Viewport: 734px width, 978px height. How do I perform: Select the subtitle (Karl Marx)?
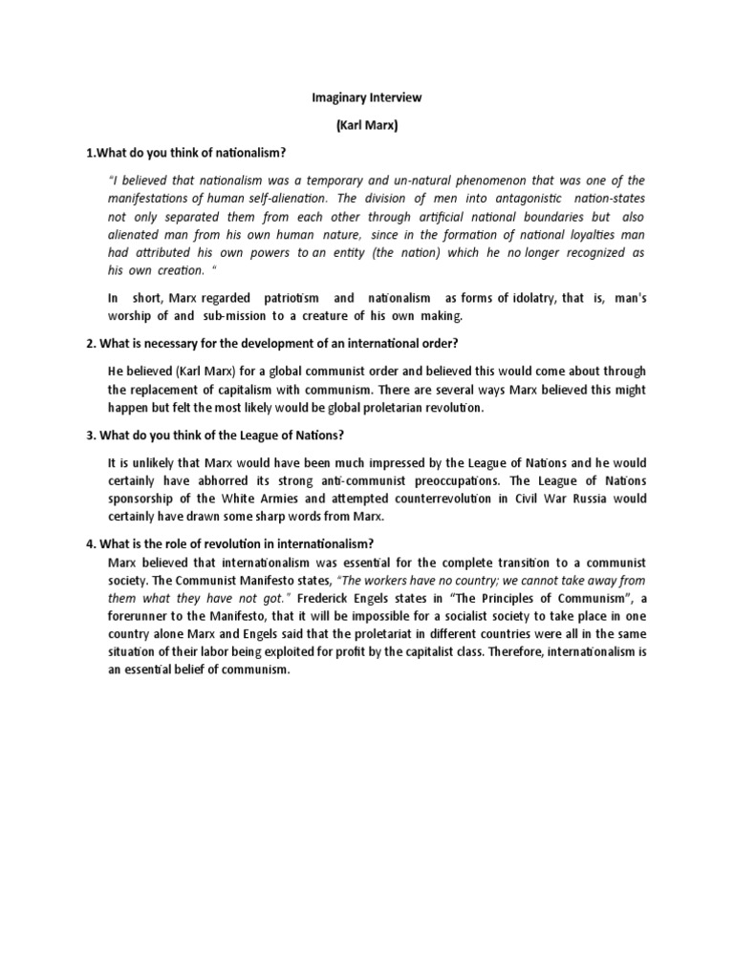366,126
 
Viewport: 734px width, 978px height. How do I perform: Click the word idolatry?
517,298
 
